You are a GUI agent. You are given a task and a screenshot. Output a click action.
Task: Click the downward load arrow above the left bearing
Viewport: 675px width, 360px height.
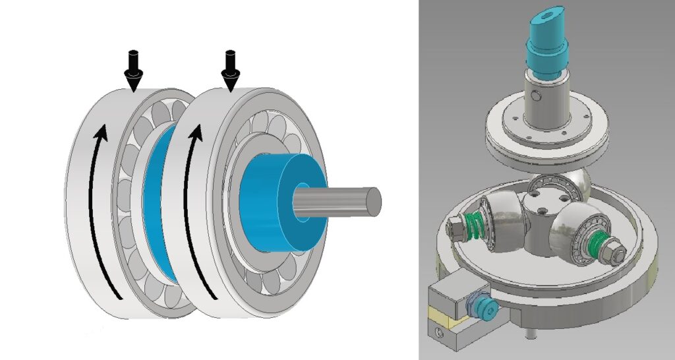[x=134, y=69]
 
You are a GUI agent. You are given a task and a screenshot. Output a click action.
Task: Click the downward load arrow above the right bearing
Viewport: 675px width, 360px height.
[x=230, y=69]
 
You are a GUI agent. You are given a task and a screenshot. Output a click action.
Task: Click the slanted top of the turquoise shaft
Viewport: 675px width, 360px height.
[x=546, y=14]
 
